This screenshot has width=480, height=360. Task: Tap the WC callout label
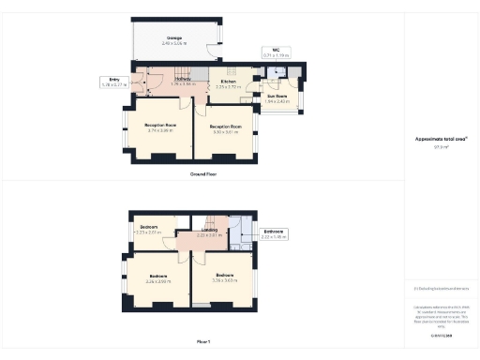(277, 52)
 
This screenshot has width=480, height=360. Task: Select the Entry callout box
(112, 82)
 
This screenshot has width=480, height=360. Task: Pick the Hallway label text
(183, 82)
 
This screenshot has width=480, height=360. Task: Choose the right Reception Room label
(225, 128)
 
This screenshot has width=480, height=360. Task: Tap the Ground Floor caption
(204, 174)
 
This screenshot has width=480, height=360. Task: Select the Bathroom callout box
(274, 234)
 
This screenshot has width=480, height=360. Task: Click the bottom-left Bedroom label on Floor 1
(158, 278)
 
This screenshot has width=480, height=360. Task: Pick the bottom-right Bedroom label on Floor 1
(224, 278)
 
